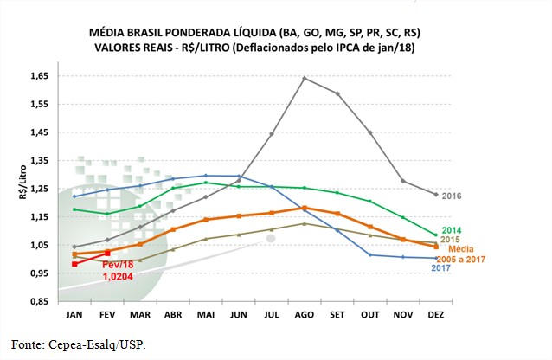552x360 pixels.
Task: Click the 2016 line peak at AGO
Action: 304,78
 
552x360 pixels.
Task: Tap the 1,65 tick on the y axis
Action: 38,76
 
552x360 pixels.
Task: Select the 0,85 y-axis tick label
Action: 38,301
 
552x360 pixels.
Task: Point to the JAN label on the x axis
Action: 74,313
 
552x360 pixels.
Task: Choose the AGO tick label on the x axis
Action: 305,313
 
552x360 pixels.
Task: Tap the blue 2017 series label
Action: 443,267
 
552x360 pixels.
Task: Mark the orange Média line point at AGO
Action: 304,208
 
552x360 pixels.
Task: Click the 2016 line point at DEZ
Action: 435,195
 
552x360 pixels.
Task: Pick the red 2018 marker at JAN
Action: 75,264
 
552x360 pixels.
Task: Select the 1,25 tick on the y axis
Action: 38,189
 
